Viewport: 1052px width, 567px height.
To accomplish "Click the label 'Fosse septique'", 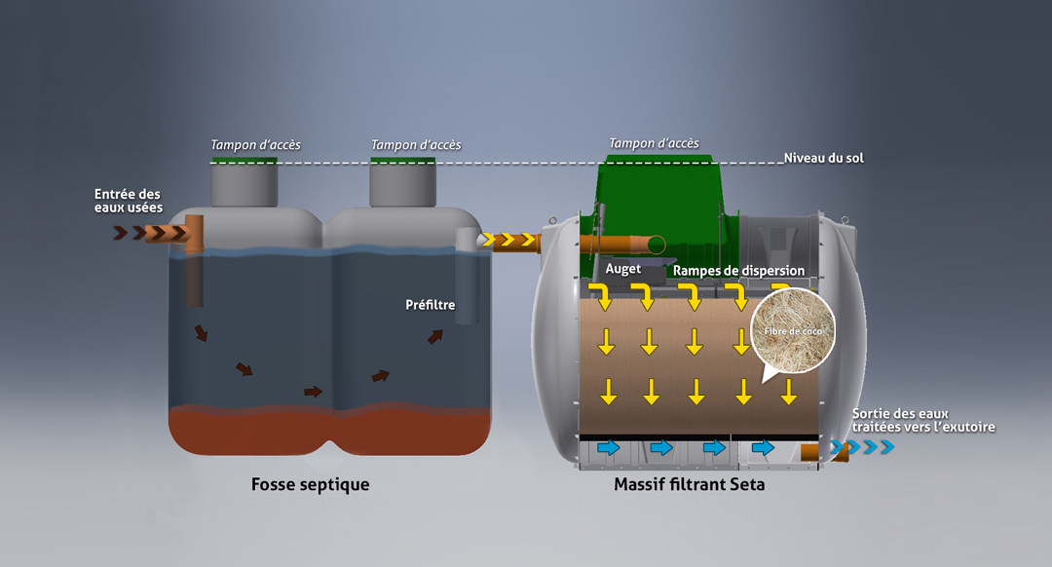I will click(310, 484).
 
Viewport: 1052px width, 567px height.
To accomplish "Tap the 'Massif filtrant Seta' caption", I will click(689, 484).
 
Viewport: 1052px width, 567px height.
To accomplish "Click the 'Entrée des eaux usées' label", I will click(128, 201).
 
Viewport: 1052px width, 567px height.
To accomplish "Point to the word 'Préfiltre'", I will click(430, 305).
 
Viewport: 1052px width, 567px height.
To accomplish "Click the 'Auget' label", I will click(622, 268).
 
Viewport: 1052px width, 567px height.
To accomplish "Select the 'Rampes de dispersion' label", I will click(738, 270).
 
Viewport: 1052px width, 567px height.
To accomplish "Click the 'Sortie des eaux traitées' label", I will click(922, 420).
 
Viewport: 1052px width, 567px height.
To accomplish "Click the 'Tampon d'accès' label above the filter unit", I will click(654, 143).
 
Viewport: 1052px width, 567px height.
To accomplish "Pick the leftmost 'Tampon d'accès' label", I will click(255, 145).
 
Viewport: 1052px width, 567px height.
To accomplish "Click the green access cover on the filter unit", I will click(662, 195).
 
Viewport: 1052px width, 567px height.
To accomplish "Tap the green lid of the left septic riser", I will click(244, 161).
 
